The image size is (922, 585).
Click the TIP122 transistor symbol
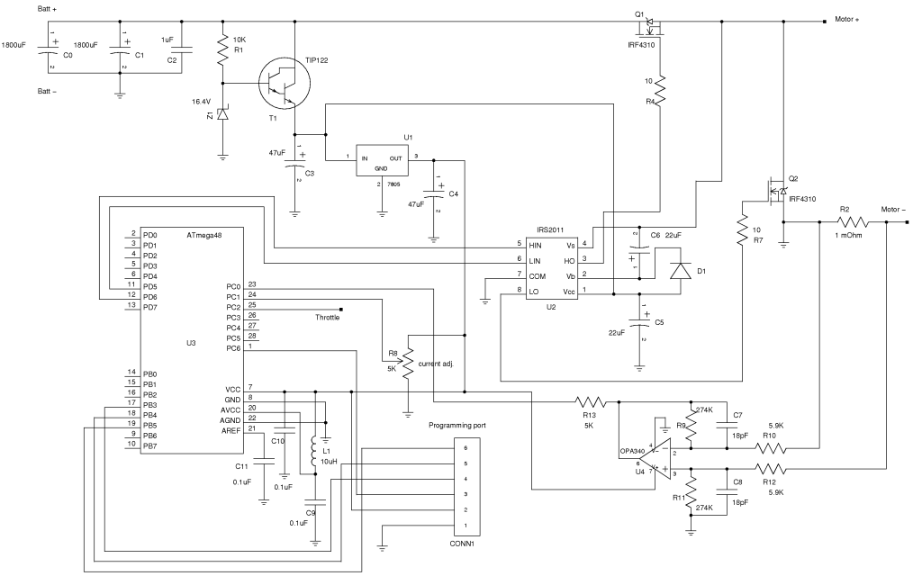click(x=285, y=83)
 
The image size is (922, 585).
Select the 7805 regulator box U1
click(x=382, y=160)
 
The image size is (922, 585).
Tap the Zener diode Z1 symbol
click(x=222, y=113)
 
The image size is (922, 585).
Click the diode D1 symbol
click(x=681, y=271)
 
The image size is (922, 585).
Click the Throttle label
click(x=327, y=318)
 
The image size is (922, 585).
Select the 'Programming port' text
click(x=456, y=425)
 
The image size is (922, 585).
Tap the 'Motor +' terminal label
click(x=846, y=20)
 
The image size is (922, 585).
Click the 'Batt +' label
click(x=48, y=9)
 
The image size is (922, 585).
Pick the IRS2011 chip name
click(x=550, y=229)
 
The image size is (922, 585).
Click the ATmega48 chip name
click(x=204, y=235)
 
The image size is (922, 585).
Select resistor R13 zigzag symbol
click(x=591, y=402)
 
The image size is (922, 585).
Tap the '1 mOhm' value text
click(x=848, y=235)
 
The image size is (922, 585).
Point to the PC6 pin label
click(x=233, y=348)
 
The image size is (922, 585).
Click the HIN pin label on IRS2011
click(x=535, y=245)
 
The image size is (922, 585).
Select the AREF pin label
click(x=230, y=431)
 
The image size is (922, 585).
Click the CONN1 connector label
click(x=462, y=544)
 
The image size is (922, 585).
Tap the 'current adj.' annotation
click(x=436, y=364)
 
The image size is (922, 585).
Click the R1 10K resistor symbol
click(x=222, y=50)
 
